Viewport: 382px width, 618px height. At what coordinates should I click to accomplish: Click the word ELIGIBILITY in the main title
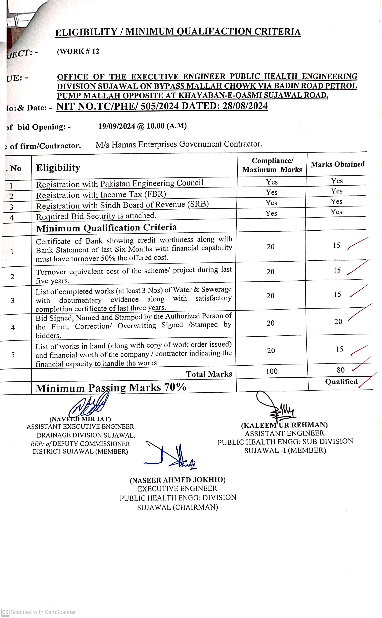pos(86,32)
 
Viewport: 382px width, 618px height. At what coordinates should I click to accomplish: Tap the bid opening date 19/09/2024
pos(117,126)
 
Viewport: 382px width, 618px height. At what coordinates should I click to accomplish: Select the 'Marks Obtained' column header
pos(338,164)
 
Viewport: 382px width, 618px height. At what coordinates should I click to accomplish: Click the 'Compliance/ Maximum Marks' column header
pos(272,165)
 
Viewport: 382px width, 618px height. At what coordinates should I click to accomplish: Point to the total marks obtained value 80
pos(341,370)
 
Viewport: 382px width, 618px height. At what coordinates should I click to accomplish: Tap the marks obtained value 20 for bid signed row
pos(338,322)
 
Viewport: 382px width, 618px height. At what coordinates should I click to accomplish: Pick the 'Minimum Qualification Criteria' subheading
pos(106,228)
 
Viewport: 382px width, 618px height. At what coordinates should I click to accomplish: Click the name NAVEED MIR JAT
pos(80,419)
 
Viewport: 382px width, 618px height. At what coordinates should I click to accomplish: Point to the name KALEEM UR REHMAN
pos(284,425)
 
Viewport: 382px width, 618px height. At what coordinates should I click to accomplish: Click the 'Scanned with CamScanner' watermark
pos(39,612)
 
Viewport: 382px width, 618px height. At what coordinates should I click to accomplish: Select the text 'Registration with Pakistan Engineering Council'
pos(120,184)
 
